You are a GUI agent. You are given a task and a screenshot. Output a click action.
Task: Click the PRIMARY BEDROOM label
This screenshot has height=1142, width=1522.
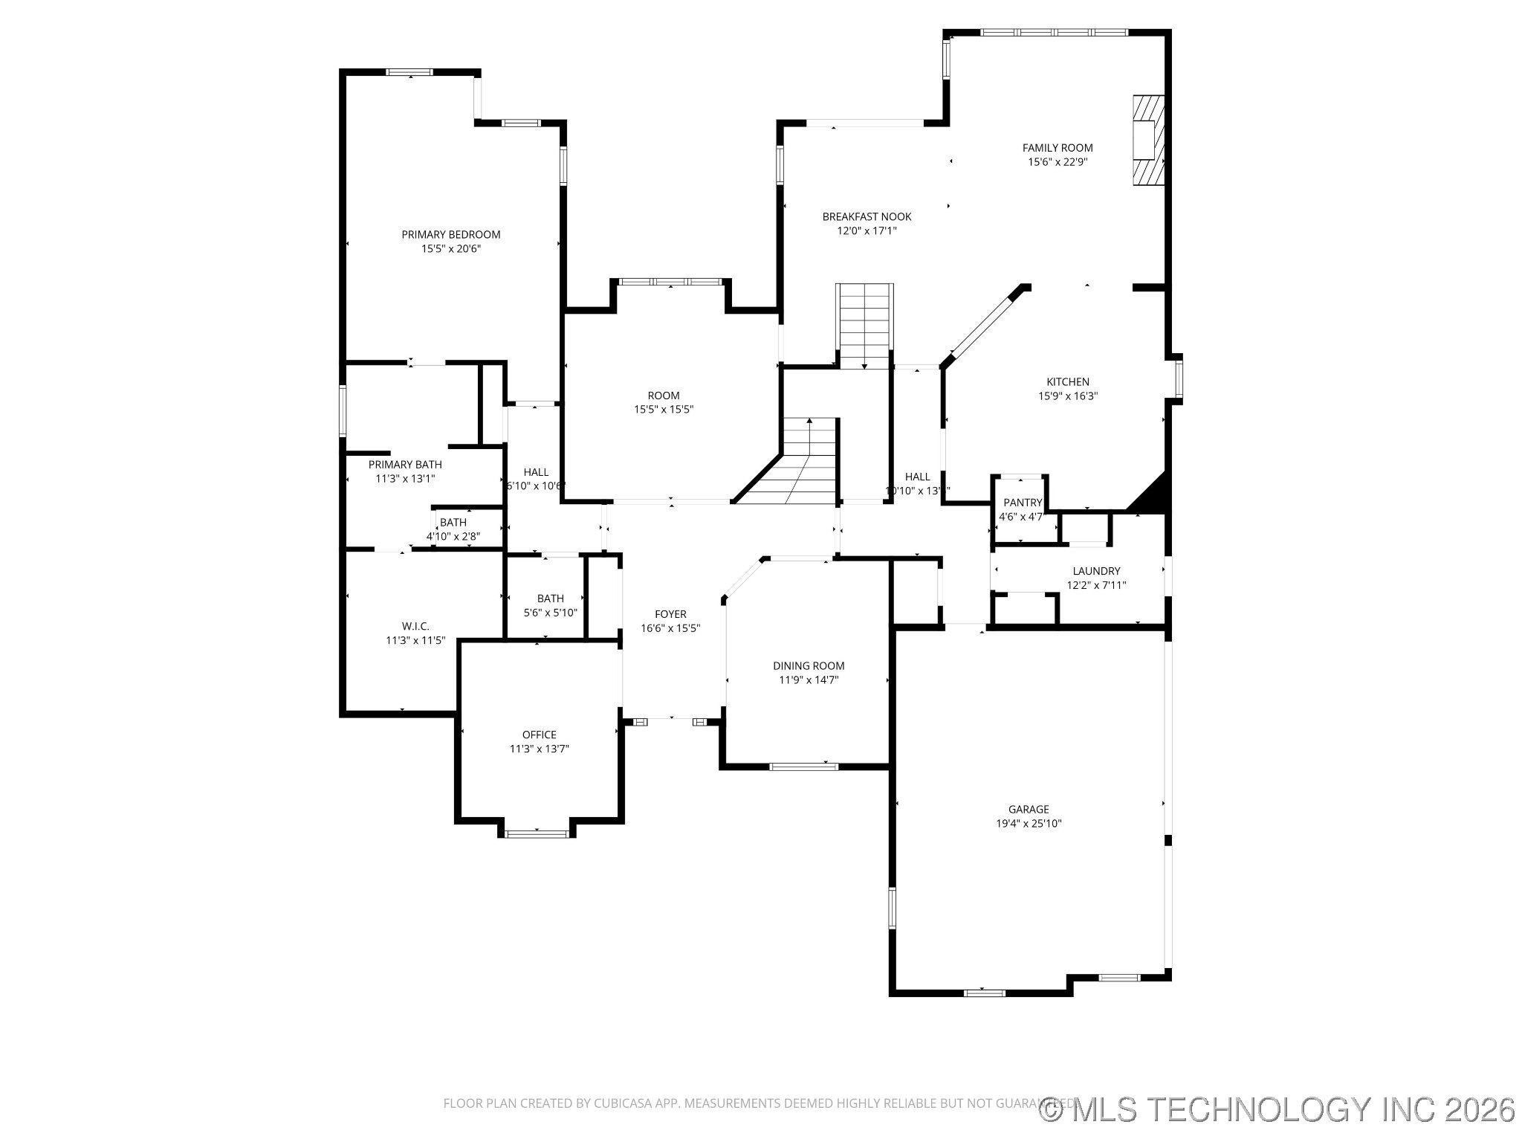[450, 234]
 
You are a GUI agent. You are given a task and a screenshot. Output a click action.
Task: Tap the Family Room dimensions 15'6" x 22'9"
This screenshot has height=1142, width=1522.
[1057, 162]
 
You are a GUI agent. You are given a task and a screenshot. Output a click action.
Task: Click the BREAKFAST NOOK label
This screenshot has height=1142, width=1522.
[867, 216]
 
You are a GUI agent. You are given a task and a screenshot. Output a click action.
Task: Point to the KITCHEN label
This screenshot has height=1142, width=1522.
[1068, 382]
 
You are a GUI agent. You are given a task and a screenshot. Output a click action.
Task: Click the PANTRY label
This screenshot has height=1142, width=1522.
[1023, 503]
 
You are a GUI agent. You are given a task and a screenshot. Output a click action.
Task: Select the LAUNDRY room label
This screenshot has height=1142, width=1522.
[1096, 571]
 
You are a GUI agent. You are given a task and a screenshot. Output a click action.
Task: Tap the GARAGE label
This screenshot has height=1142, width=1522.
[1029, 809]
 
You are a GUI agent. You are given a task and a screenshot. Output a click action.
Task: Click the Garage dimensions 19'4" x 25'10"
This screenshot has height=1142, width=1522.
[1029, 824]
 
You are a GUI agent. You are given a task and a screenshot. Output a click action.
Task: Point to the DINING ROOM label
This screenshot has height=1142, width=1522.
[809, 665]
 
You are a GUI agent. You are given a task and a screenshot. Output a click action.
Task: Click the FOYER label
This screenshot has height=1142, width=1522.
[670, 614]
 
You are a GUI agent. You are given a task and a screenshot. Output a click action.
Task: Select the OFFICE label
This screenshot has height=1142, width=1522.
[539, 735]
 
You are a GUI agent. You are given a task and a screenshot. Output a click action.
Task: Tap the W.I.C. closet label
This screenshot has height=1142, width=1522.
[415, 626]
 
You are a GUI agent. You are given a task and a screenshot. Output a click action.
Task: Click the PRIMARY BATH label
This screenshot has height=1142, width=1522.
[405, 465]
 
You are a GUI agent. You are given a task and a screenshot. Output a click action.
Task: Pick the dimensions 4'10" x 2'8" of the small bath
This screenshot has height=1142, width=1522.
[453, 536]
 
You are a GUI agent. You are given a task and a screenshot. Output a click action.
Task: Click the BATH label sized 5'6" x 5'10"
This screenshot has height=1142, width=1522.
[550, 599]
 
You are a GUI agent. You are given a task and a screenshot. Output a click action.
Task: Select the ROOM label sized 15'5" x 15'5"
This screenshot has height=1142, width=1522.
[663, 396]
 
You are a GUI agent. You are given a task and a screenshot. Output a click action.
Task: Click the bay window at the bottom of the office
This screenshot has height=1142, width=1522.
[537, 833]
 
